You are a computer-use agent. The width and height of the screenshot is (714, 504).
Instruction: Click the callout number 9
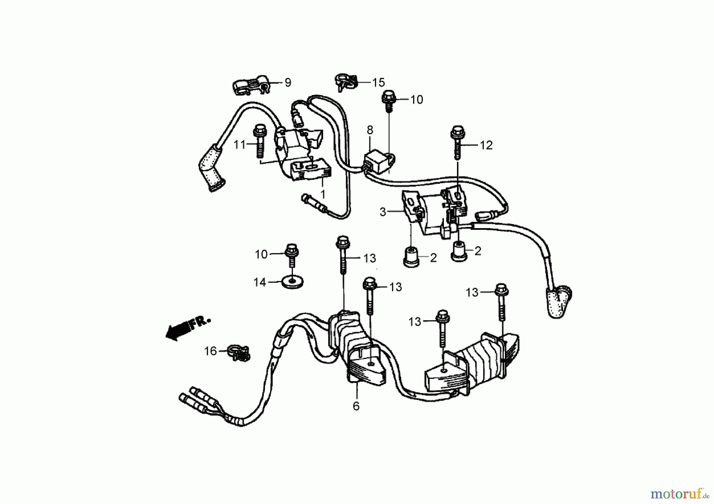point(288,82)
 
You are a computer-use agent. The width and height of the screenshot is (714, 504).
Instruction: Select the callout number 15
point(378,82)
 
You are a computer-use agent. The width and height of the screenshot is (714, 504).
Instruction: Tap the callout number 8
point(370,130)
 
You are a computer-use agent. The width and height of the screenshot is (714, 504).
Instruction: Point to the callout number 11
point(239,145)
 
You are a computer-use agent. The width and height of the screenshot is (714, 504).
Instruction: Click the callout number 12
point(486,145)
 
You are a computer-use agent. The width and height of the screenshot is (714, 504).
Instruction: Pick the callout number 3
point(383,212)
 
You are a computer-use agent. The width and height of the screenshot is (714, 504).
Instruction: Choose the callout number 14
point(260,283)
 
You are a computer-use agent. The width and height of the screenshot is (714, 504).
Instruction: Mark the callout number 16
point(211,351)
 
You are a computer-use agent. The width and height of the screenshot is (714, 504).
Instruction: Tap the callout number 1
point(323,194)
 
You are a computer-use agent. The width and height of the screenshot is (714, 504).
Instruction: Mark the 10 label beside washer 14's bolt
point(261,254)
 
